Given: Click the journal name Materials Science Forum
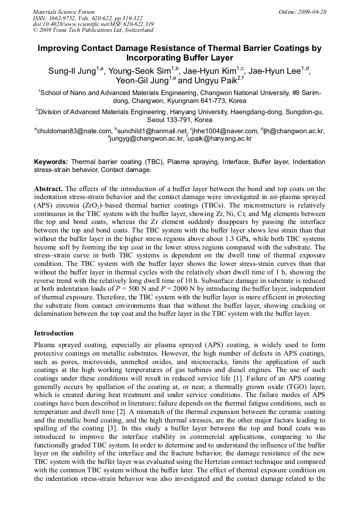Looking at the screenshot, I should click(64, 12).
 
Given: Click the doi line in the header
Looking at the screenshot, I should click(93, 24).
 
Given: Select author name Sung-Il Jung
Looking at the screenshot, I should click(72, 70).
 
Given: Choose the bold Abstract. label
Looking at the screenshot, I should click(48, 189).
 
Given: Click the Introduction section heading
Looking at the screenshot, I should click(54, 333).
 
